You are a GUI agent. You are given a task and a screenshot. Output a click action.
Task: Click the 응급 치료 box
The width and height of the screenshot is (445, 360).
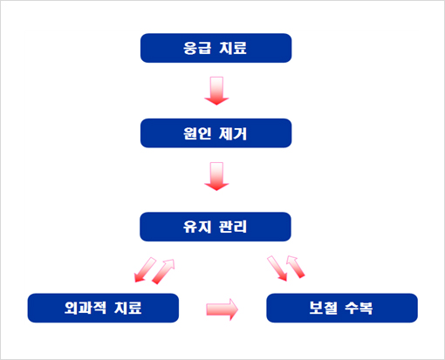tap(216, 48)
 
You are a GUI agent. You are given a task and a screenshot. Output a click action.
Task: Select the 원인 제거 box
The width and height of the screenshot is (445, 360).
tap(216, 133)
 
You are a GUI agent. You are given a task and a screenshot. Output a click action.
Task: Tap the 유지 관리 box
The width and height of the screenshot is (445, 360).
tap(216, 227)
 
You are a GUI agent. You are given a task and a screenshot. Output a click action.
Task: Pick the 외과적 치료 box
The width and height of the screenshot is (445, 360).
tap(103, 308)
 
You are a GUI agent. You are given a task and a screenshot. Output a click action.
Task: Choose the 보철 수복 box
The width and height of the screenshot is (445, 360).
tap(342, 308)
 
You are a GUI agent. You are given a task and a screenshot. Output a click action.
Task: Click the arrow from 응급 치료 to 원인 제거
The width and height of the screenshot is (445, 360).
tap(216, 91)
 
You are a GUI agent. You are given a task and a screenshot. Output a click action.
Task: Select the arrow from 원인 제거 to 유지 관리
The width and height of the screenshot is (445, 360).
tap(216, 176)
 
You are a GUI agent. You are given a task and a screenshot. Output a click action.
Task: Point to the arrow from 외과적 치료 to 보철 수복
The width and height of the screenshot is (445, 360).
tap(222, 309)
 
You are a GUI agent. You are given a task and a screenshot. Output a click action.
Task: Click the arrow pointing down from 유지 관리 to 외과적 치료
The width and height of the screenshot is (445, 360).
tap(145, 270)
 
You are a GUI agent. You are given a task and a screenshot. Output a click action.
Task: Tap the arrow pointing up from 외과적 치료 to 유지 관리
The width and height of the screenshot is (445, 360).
tap(163, 271)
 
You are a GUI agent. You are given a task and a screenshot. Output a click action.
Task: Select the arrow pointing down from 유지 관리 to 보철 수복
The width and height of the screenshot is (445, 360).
tap(277, 268)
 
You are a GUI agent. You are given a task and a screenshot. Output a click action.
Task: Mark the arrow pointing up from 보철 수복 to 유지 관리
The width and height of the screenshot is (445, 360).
tap(296, 267)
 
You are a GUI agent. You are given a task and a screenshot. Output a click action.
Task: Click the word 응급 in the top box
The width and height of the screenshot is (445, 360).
tap(196, 48)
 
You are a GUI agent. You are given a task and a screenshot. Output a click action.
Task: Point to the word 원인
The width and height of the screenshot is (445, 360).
tap(197, 133)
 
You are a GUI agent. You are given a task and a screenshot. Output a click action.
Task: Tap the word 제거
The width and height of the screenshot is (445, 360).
tap(233, 133)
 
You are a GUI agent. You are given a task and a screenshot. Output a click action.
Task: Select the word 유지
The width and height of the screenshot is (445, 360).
tap(197, 227)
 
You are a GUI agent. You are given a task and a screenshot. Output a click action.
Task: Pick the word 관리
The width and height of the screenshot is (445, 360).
tap(233, 227)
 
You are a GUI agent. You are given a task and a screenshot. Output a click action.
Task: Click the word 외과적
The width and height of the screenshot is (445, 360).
tap(86, 308)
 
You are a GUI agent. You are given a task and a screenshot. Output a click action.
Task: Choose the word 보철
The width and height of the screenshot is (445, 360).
tap(323, 308)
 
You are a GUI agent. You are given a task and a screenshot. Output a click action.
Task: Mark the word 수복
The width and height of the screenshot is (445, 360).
tap(359, 308)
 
